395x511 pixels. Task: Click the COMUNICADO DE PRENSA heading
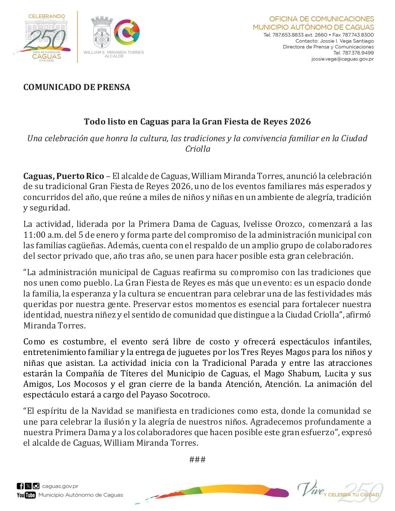77,87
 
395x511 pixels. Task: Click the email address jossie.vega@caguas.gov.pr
342,59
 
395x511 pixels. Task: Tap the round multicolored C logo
127,32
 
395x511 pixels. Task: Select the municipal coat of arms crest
102,33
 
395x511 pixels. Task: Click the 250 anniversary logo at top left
45,38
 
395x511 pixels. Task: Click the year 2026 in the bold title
300,122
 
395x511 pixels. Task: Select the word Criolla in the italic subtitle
197,149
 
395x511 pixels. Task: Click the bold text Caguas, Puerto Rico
64,176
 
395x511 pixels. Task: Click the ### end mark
197,459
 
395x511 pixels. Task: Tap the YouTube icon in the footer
26,495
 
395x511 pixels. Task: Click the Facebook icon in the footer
20,486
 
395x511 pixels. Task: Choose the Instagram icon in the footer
36,486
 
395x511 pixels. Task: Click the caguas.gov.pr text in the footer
60,486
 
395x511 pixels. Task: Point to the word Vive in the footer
310,489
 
